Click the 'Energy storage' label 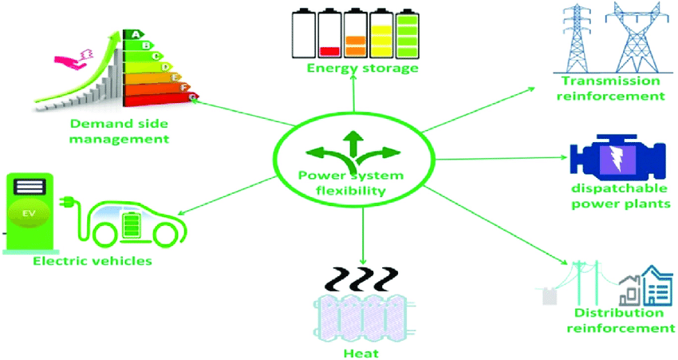coord(363,69)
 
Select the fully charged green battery coord(408,34)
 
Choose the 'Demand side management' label coord(120,131)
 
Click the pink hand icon coord(72,59)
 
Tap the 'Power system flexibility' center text coord(350,183)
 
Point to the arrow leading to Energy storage coord(354,99)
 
